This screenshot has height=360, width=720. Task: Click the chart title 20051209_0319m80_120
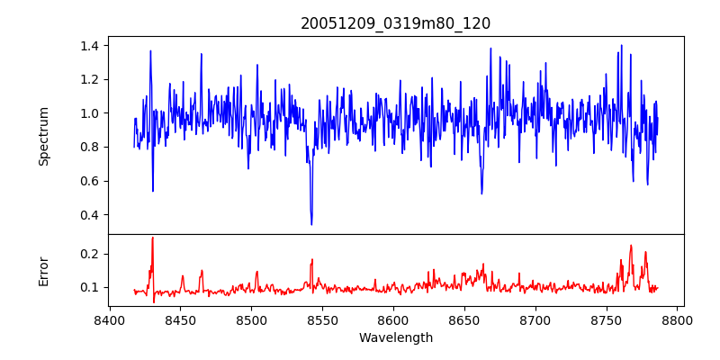(395, 23)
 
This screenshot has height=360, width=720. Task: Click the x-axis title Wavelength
(395, 337)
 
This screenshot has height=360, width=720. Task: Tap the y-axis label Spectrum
(43, 136)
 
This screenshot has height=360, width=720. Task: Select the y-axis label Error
(43, 270)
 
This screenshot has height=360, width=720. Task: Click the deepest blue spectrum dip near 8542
(311, 224)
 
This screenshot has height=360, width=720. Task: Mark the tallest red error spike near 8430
(153, 238)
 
